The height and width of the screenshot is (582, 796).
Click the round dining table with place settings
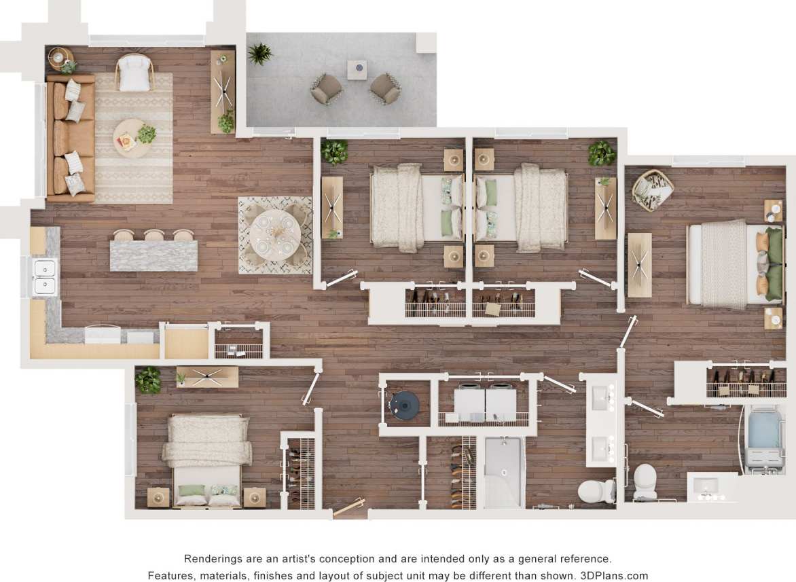coord(274,235)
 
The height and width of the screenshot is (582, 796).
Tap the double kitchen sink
coord(45,276)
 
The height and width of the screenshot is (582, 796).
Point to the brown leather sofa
coord(70,139)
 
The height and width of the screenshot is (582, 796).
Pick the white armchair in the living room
coord(134,73)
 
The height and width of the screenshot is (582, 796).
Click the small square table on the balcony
coord(357,69)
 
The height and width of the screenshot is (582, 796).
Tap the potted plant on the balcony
coord(259,54)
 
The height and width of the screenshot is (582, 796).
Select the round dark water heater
coord(405,405)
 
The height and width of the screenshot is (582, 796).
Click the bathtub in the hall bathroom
coord(503,472)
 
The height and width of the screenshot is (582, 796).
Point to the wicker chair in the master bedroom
coord(652,188)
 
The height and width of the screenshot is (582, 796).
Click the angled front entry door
coord(348,507)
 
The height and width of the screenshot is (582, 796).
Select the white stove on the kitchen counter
coord(102,335)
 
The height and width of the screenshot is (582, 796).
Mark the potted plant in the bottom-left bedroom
coord(148,381)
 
